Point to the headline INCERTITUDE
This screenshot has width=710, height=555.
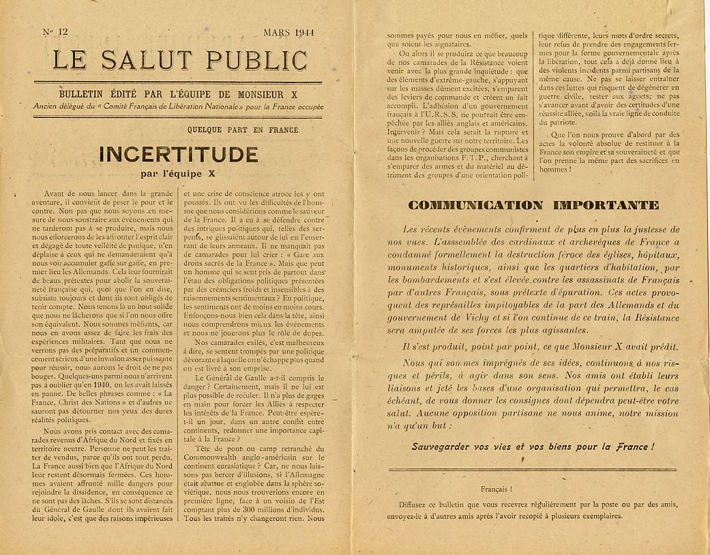coord(179,155)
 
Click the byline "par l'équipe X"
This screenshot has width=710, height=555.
coord(179,172)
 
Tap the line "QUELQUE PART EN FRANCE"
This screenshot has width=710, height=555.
coord(243,130)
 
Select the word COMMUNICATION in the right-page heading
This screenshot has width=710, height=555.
coord(475,205)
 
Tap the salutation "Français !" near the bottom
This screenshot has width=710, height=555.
coord(497,489)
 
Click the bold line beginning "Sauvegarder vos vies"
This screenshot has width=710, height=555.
coord(533,447)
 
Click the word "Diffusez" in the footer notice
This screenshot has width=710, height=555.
coord(415,505)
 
